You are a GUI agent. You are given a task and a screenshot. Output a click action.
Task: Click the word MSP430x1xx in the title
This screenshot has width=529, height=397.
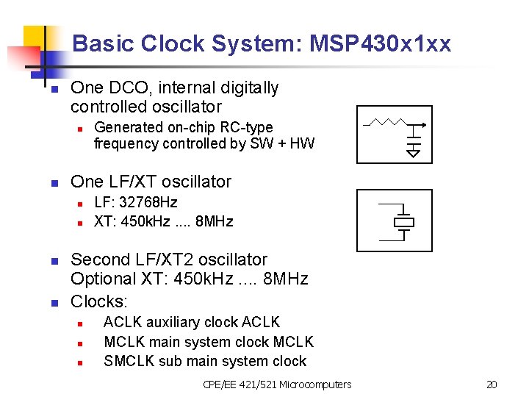381,44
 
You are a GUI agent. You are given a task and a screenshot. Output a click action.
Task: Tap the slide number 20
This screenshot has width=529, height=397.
492,385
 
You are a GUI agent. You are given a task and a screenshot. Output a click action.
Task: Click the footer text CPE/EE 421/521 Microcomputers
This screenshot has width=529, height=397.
277,385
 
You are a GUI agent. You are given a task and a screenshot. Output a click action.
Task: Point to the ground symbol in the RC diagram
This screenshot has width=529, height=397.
414,152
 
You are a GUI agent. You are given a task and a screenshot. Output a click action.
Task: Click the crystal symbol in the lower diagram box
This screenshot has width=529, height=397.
403,222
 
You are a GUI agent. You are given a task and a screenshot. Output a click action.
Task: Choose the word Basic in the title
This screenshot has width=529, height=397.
96,44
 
